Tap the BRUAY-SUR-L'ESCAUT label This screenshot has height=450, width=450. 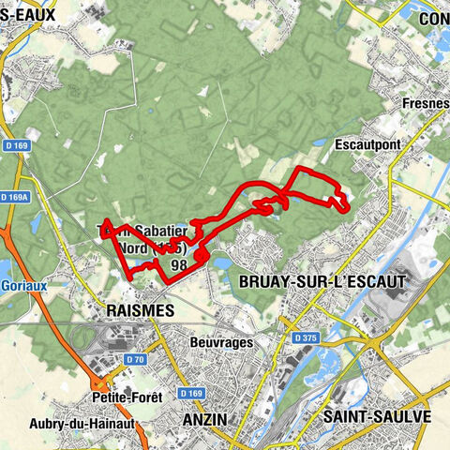click(322, 280)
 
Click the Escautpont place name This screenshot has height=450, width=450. click(365, 145)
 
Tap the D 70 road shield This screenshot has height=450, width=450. click(136, 359)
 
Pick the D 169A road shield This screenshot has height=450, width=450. click(15, 198)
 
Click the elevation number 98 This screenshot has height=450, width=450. click(177, 265)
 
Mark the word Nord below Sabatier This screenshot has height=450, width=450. click(133, 249)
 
